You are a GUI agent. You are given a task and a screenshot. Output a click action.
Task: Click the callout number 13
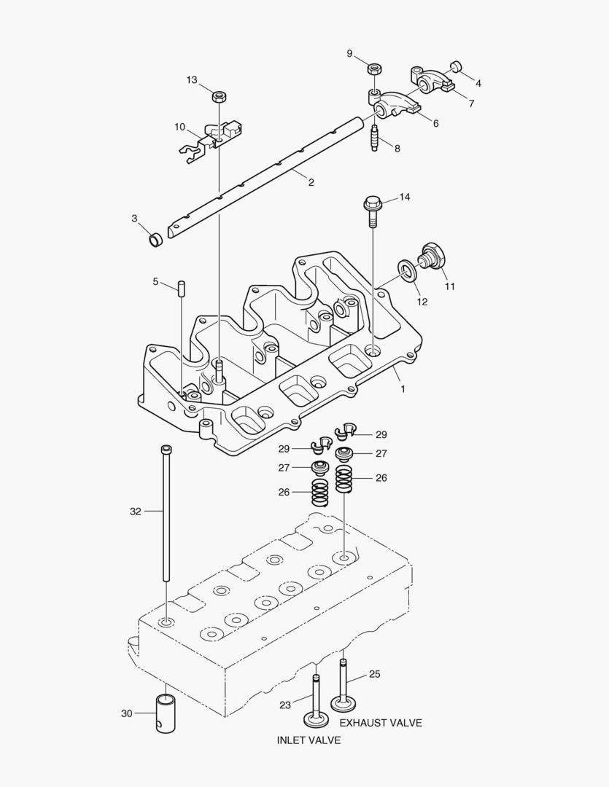191,80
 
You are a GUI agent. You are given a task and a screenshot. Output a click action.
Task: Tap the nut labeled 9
373,69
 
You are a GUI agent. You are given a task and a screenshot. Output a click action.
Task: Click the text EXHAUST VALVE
380,723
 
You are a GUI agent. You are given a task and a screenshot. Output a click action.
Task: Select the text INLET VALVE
308,740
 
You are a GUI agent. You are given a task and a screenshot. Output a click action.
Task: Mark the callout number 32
135,512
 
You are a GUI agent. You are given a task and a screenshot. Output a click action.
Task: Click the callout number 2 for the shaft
311,182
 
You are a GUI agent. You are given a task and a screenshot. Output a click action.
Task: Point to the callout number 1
402,389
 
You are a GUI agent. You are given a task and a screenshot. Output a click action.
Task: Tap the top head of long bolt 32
166,449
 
